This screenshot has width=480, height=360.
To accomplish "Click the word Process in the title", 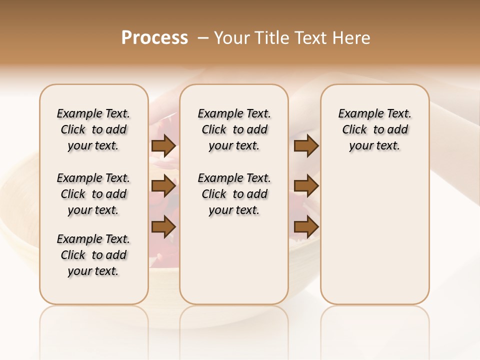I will [154, 38].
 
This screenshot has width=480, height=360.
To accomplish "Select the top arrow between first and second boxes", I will [163, 146].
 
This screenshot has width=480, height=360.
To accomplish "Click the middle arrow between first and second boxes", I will [163, 186].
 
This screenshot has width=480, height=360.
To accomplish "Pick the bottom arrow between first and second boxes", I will [163, 226].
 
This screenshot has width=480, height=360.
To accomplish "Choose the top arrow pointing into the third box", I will [306, 146].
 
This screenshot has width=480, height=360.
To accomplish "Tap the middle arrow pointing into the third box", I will [306, 186].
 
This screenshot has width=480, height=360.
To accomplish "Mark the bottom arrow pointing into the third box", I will [306, 226].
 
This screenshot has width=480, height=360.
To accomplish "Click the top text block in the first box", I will [93, 129].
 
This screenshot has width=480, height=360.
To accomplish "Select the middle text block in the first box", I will [93, 194].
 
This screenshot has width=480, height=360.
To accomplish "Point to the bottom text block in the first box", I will [93, 255].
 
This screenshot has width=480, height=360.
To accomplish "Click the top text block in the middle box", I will [234, 129].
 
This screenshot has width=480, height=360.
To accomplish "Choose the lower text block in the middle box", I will [234, 194].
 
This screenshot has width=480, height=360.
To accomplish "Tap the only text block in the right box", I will [375, 129].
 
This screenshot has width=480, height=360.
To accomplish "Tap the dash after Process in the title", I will [202, 38].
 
